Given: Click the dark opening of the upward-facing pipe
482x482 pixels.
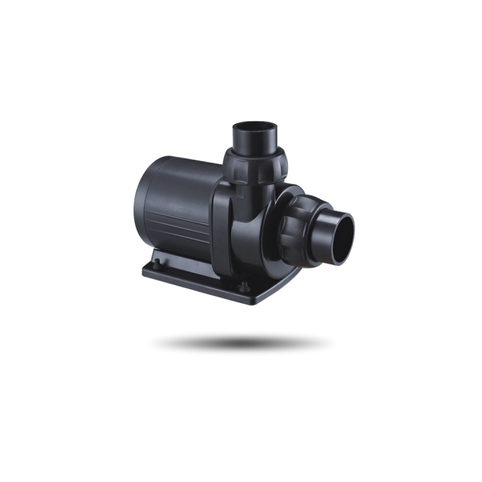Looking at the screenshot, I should pos(255,128).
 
